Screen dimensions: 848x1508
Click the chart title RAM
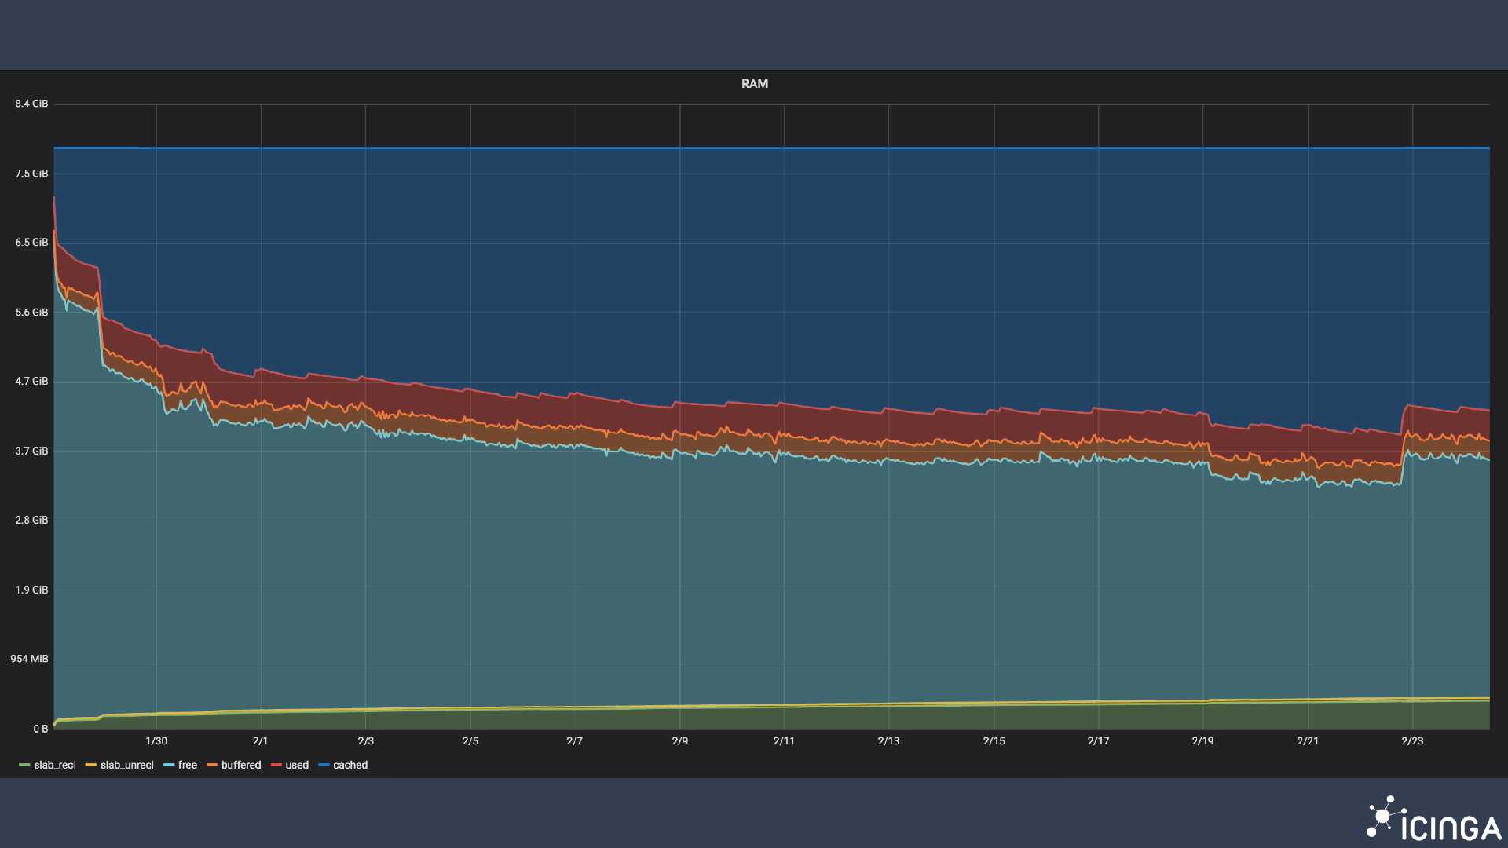754,84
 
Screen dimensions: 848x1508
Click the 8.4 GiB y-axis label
31,104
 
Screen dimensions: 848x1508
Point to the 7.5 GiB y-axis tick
31,174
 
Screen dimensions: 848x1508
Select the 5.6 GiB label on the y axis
31,313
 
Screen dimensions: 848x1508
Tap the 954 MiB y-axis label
29,659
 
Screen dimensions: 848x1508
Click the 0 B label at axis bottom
40,729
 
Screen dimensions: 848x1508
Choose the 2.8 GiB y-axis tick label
31,520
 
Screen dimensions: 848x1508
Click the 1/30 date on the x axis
156,740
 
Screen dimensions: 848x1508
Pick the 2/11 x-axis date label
784,740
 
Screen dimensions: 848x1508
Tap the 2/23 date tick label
1412,740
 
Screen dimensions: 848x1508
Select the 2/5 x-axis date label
470,740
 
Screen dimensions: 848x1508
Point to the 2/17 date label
1098,740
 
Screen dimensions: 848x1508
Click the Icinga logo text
1451,828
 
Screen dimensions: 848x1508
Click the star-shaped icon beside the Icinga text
1382,817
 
